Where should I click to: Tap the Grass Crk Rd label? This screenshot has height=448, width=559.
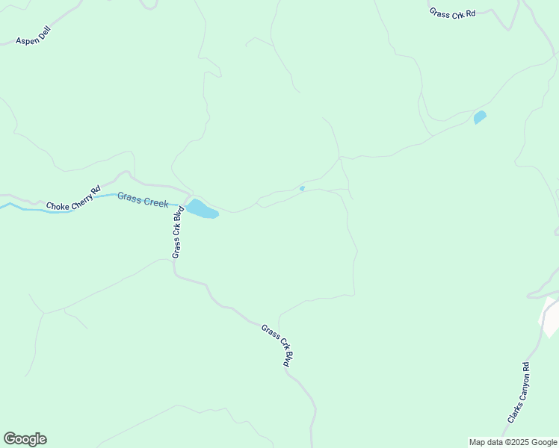[x=452, y=13]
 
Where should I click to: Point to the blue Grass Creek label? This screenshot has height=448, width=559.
[x=143, y=199]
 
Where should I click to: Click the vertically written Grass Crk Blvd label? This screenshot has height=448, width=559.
[x=178, y=232]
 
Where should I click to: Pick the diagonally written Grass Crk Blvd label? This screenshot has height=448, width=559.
[x=277, y=344]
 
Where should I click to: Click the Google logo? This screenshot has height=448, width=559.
[x=25, y=439]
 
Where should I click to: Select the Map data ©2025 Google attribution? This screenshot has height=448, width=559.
[x=513, y=442]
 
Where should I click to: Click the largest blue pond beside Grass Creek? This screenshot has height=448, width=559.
[x=201, y=209]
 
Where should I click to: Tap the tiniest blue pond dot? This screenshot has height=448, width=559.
[x=302, y=188]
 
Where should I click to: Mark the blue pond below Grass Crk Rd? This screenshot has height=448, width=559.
[x=480, y=116]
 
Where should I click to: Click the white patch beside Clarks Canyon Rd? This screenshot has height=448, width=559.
[x=549, y=317]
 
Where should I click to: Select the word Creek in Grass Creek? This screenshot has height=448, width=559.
[x=156, y=202]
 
